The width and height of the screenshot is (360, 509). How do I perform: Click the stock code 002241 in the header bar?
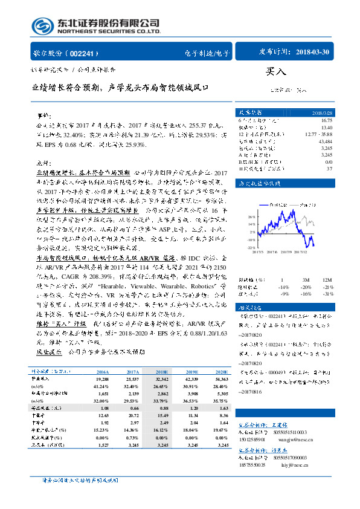coord(89,53)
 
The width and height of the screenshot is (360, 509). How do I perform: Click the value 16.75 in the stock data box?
coord(327,120)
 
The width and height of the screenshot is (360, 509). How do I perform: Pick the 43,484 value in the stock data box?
coord(326,141)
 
